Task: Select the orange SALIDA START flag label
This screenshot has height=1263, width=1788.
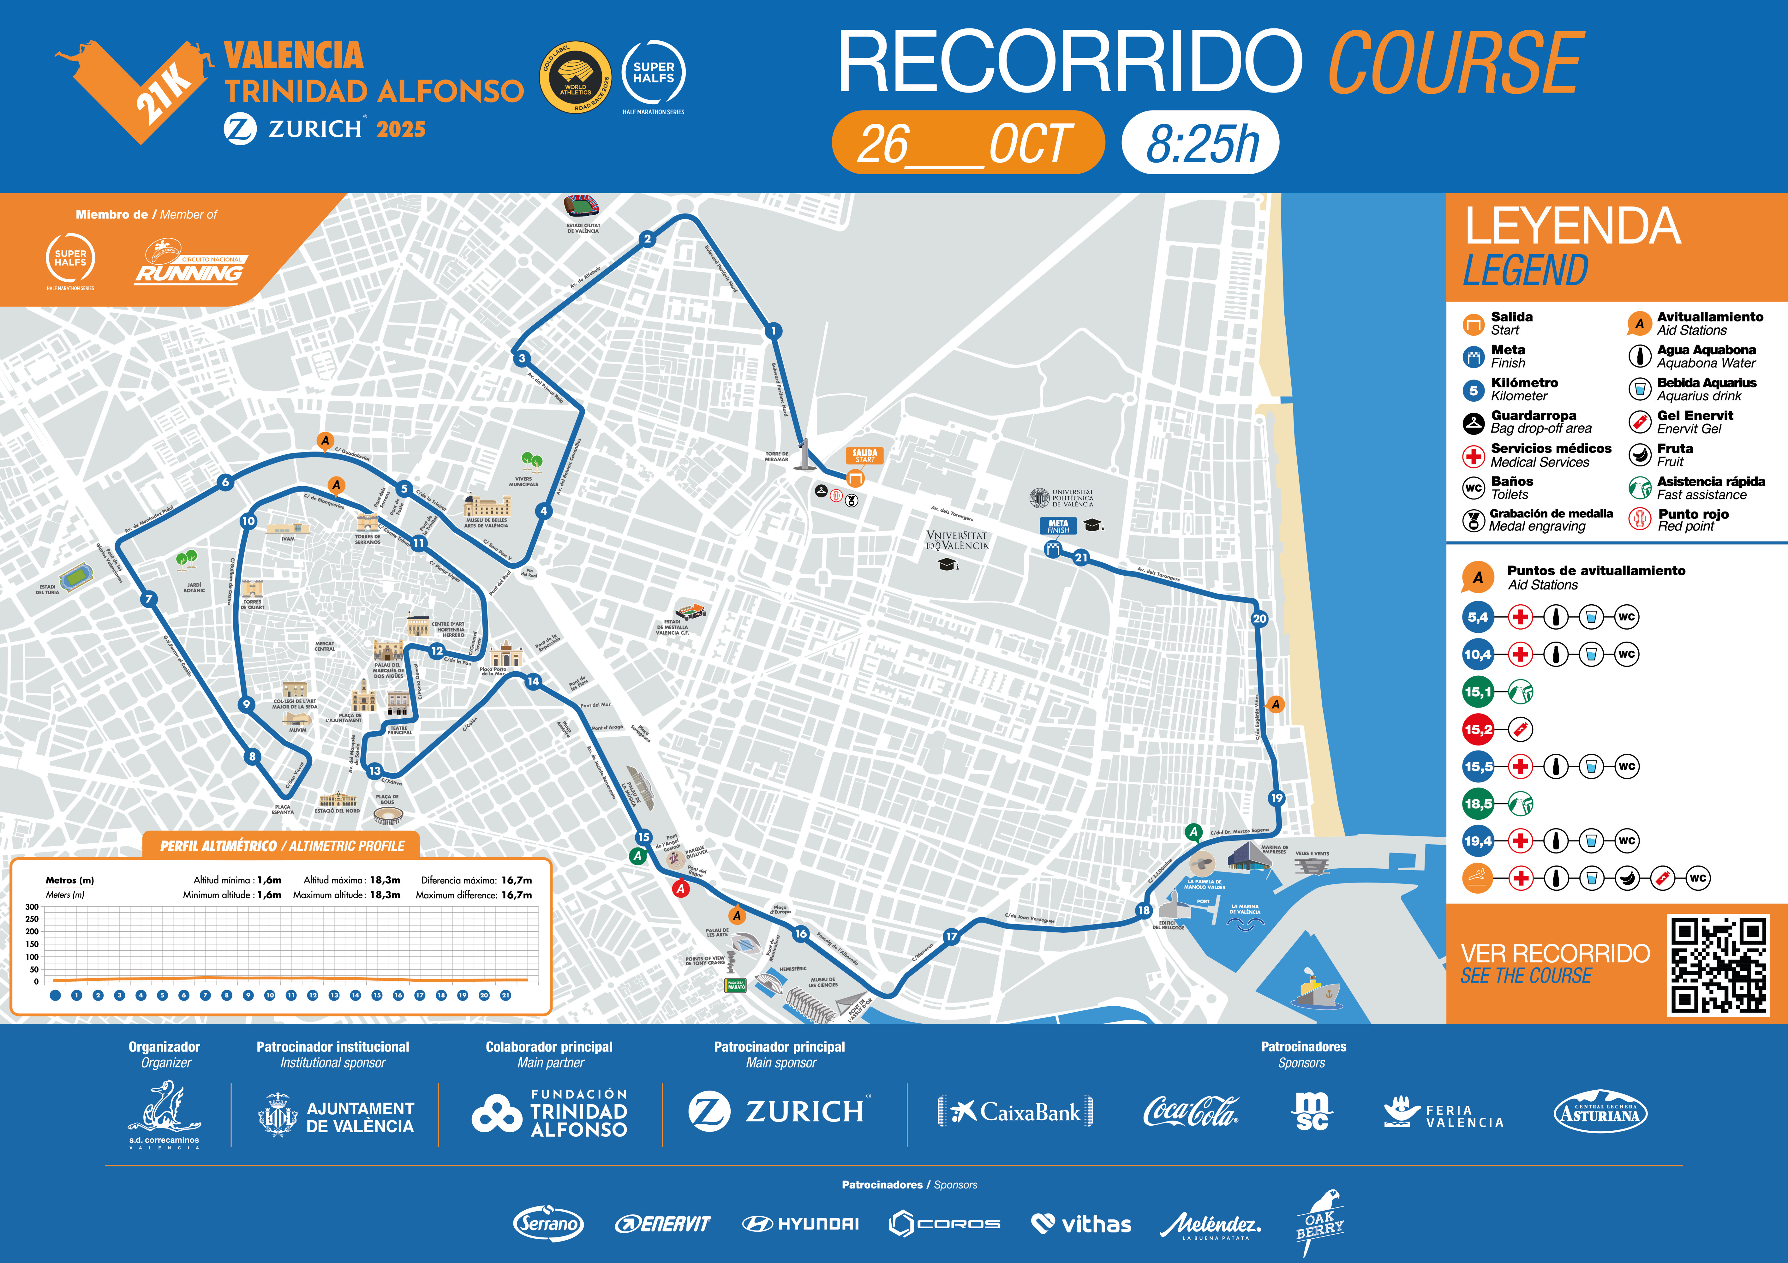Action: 864,456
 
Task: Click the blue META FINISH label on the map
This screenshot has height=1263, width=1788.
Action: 1057,526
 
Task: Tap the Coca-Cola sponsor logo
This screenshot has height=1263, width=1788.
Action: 1190,1112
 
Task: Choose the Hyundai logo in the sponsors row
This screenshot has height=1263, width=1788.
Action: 801,1224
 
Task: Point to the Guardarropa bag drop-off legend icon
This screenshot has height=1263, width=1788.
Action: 1474,423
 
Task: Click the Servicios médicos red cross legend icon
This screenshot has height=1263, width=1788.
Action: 1474,456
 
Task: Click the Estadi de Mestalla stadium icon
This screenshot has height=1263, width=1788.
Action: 690,611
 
